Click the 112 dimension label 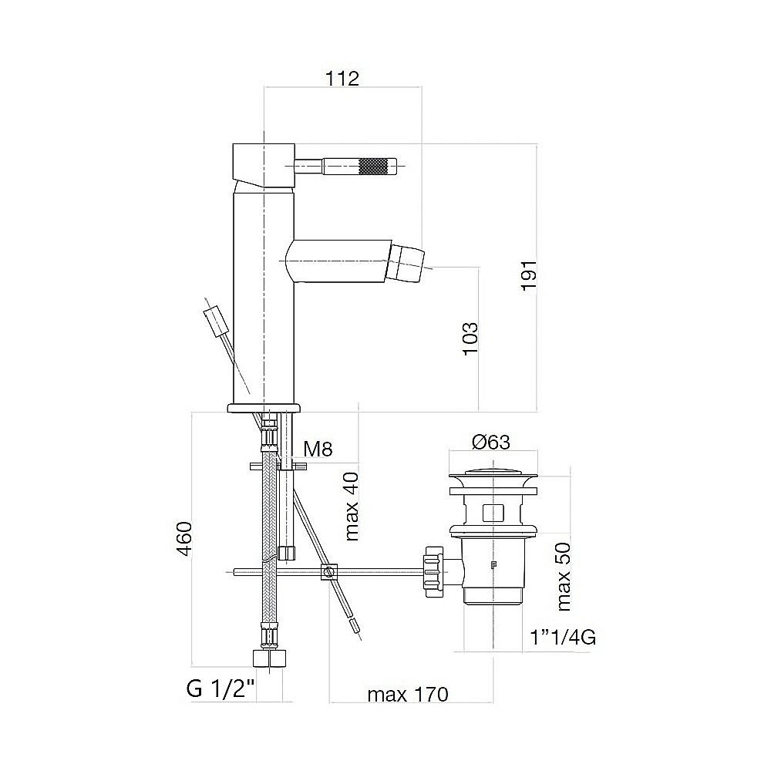point(342,79)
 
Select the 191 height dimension point(529,275)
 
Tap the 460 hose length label point(184,539)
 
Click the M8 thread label point(318,449)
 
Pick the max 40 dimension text point(352,507)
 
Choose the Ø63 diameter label point(490,442)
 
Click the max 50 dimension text point(564,577)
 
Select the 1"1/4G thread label point(563,638)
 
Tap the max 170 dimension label point(408,695)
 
